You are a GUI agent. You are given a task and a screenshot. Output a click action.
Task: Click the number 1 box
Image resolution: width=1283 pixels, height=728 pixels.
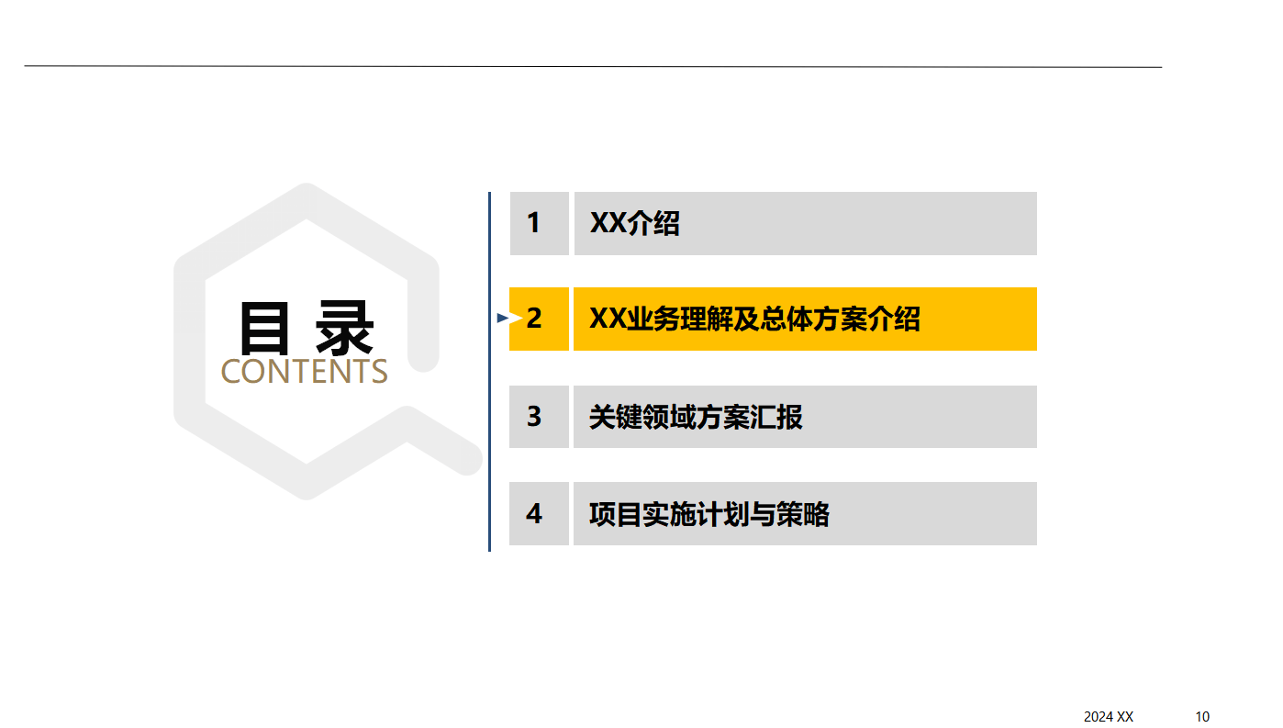pos(539,223)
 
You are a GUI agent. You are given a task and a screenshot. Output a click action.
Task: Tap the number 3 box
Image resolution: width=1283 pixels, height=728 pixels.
pos(539,417)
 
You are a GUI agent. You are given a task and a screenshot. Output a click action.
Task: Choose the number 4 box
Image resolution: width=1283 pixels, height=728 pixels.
pos(539,513)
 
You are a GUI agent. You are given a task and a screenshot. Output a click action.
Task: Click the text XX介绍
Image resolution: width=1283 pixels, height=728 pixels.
pos(634,223)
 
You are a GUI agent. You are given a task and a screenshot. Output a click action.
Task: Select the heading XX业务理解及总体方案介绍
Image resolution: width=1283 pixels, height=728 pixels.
pos(754,319)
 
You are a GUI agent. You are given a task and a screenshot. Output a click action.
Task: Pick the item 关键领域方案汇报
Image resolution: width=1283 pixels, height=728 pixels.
pos(696,417)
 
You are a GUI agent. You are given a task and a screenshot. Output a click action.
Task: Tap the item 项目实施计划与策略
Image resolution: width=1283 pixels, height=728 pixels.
pos(708,514)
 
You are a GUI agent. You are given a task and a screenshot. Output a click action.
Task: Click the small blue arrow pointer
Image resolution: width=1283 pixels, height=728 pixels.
pos(503,319)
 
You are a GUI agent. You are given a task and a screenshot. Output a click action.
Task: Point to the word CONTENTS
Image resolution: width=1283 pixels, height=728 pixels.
pos(305,371)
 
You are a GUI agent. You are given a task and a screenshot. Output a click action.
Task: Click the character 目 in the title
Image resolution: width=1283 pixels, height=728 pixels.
pos(264,328)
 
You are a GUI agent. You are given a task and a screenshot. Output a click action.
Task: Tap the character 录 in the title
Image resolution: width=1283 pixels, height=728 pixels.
pos(345,328)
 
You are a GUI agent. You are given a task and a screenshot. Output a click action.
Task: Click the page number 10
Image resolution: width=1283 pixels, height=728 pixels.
pos(1202,717)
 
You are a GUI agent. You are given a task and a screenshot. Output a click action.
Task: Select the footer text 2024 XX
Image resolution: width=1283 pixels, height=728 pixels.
pos(1109,717)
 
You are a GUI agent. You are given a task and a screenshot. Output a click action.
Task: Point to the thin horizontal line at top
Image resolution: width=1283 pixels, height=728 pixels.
pos(593,66)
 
